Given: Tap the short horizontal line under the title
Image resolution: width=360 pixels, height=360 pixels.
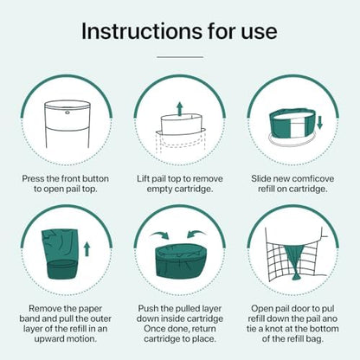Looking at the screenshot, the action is [x=180, y=57].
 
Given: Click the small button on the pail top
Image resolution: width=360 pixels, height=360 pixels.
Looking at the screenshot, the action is [x=67, y=112].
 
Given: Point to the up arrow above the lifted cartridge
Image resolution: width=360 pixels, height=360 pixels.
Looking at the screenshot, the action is [x=180, y=108].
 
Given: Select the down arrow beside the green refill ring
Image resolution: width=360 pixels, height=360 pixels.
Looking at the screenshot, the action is [x=319, y=122].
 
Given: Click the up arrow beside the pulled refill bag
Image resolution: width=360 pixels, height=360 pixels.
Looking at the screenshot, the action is [x=87, y=249].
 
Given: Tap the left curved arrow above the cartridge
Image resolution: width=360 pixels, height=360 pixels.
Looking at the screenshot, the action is [x=159, y=235].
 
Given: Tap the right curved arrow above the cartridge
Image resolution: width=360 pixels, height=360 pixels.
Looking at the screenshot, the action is [x=196, y=235].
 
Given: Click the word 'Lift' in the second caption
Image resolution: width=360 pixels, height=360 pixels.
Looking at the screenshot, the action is [x=144, y=179].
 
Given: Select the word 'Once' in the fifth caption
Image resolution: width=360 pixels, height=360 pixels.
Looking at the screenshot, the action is [x=155, y=329].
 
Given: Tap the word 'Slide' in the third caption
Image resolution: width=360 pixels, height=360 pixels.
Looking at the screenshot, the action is [x=260, y=179].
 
